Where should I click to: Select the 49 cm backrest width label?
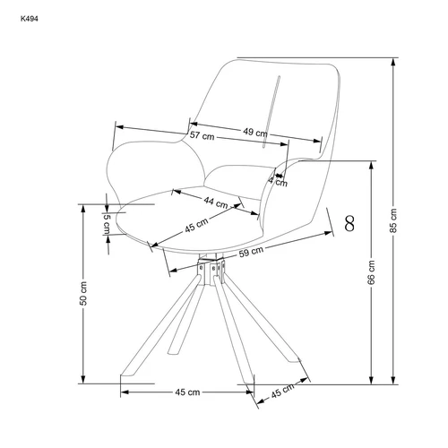pos(255,132)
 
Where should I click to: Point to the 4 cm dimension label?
pos(279,181)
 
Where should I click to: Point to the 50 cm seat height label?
pos(83,293)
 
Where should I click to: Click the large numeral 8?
pos(349,223)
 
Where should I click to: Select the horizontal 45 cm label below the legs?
pos(187,392)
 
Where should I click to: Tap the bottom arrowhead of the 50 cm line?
pos(83,376)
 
